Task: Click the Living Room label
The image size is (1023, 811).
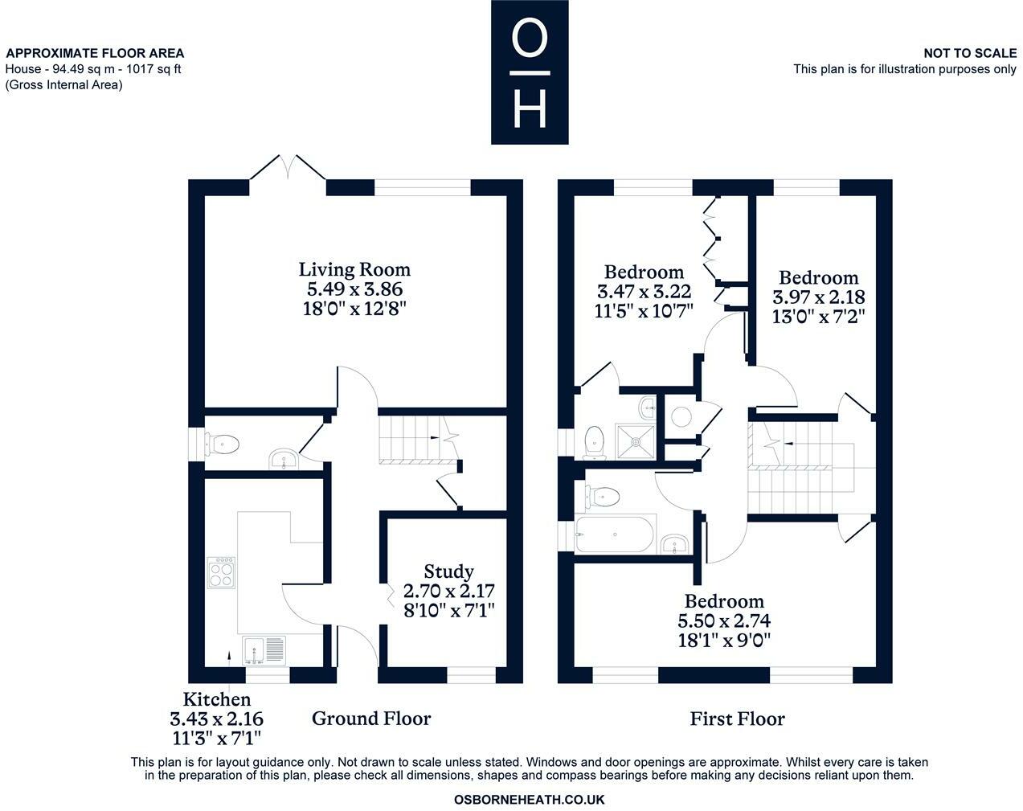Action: [354, 269]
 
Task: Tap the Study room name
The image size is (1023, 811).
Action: [448, 571]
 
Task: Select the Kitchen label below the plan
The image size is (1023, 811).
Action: [217, 699]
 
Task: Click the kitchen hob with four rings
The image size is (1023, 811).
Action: [221, 573]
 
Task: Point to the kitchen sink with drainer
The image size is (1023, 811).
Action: [264, 651]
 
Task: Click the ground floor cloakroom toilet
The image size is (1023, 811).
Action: [222, 444]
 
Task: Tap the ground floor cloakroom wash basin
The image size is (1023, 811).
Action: [284, 461]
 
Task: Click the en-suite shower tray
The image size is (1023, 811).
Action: [636, 442]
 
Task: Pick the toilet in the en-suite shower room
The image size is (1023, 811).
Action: [594, 443]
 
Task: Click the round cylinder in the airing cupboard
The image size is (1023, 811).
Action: [681, 417]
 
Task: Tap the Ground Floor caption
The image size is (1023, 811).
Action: [371, 719]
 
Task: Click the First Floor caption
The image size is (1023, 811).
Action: [737, 719]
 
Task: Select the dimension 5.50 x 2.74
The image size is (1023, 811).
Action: [724, 621]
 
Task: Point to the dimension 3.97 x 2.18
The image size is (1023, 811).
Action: [819, 297]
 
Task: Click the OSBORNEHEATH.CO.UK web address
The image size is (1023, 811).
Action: [529, 800]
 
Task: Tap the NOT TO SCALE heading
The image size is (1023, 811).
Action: [970, 53]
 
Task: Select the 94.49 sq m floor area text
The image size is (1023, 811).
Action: [84, 69]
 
